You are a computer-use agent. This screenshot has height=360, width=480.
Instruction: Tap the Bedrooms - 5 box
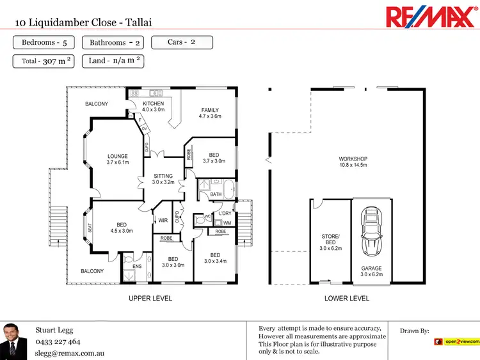pos(43,43)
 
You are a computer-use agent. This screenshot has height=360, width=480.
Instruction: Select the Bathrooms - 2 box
pos(116,43)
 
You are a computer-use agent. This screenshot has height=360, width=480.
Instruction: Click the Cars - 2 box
pos(181,42)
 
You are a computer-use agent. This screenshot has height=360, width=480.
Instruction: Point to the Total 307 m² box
pos(43,61)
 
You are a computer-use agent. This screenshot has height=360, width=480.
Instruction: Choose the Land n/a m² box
pos(116,61)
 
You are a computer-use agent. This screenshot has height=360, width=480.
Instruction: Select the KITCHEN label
pos(153,104)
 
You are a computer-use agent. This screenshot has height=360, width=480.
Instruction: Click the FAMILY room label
pos(210,110)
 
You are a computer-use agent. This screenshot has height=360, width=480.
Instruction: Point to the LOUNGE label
pos(118,156)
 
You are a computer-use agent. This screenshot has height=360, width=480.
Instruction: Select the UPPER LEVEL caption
pos(150,299)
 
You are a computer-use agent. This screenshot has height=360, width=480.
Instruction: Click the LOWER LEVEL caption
pos(347,299)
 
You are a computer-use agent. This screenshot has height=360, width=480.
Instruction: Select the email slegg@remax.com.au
pos(70,353)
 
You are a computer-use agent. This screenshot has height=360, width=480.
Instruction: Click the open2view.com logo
pos(457,342)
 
